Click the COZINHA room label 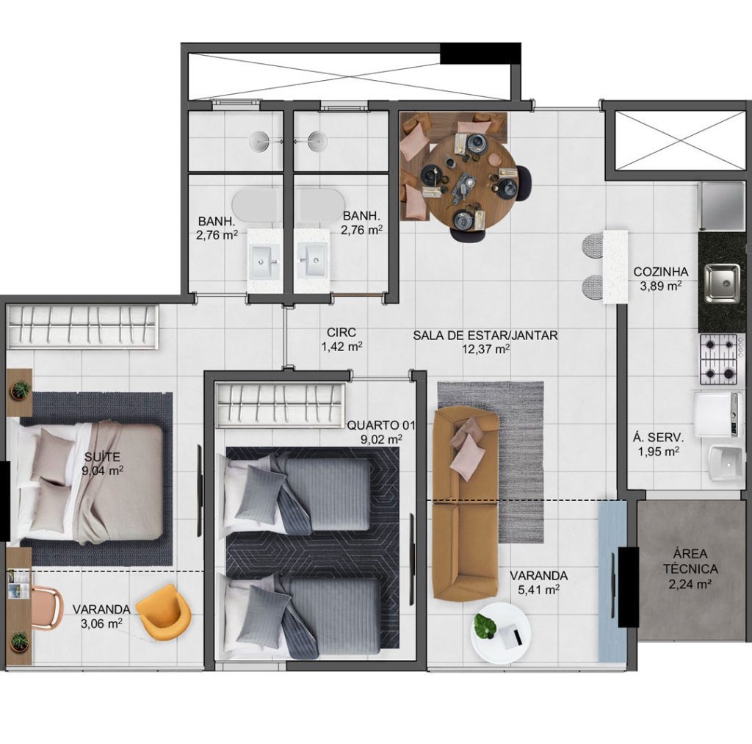pos(660,272)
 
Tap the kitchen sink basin pos(721,283)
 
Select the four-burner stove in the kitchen pos(718,360)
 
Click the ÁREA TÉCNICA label pos(690,561)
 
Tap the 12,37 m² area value pos(485,349)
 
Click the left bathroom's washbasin pos(263,261)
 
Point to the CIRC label pos(341,332)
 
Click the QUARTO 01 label pos(381,425)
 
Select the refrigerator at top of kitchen pos(723,206)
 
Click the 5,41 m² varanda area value pos(538,589)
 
